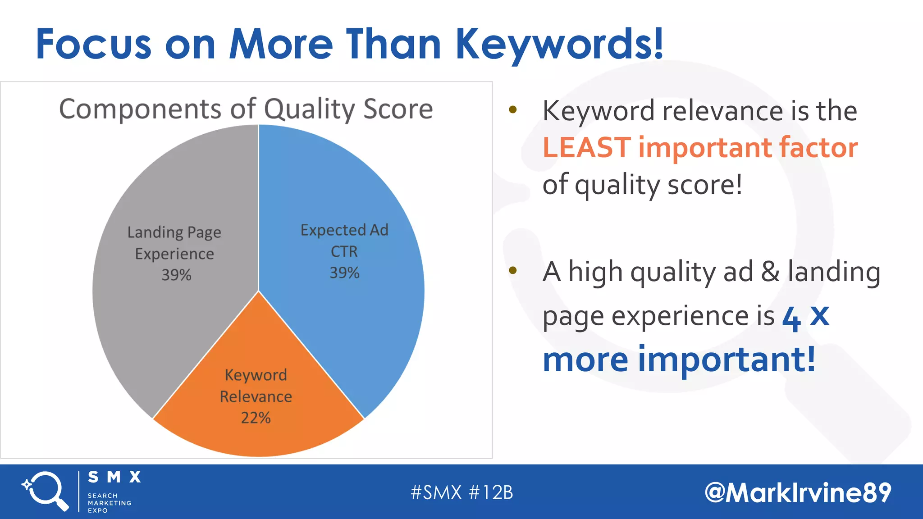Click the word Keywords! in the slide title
(x=559, y=44)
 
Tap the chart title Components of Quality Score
(x=246, y=109)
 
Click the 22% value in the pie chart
(x=256, y=418)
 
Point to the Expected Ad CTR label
(x=344, y=240)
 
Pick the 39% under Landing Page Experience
(x=176, y=275)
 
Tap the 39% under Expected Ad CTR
(x=344, y=273)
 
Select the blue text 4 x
(x=805, y=317)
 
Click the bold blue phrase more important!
(x=679, y=359)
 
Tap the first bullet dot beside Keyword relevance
(x=512, y=109)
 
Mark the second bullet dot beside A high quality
(x=512, y=270)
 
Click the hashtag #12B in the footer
(x=491, y=492)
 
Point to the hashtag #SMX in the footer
(x=436, y=492)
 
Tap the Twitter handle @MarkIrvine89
(x=798, y=492)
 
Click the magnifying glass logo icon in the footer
(x=46, y=491)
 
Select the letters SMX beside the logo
(x=114, y=477)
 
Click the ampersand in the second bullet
(x=770, y=272)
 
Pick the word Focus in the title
(x=93, y=44)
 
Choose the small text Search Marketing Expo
(x=109, y=503)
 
